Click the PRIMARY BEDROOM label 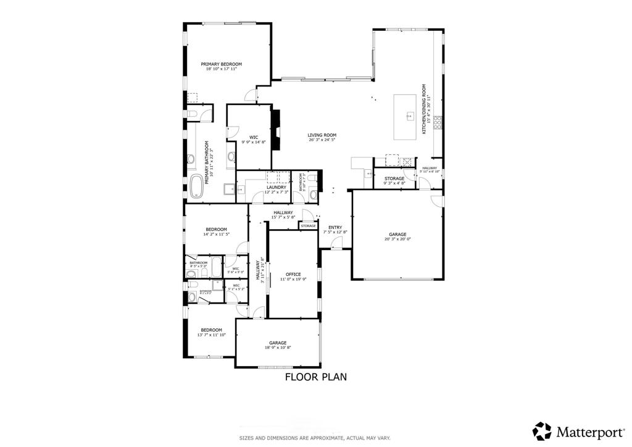221,64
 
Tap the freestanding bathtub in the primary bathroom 196,186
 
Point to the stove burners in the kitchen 438,122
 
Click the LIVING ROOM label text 322,135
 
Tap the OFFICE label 293,274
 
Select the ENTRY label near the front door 335,227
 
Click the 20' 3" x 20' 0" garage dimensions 397,239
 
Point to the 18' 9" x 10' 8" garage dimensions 277,348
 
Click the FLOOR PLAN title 315,376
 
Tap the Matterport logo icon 542,430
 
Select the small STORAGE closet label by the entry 308,226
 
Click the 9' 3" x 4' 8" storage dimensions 394,183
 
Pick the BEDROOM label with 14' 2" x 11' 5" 216,229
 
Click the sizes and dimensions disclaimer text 315,438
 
